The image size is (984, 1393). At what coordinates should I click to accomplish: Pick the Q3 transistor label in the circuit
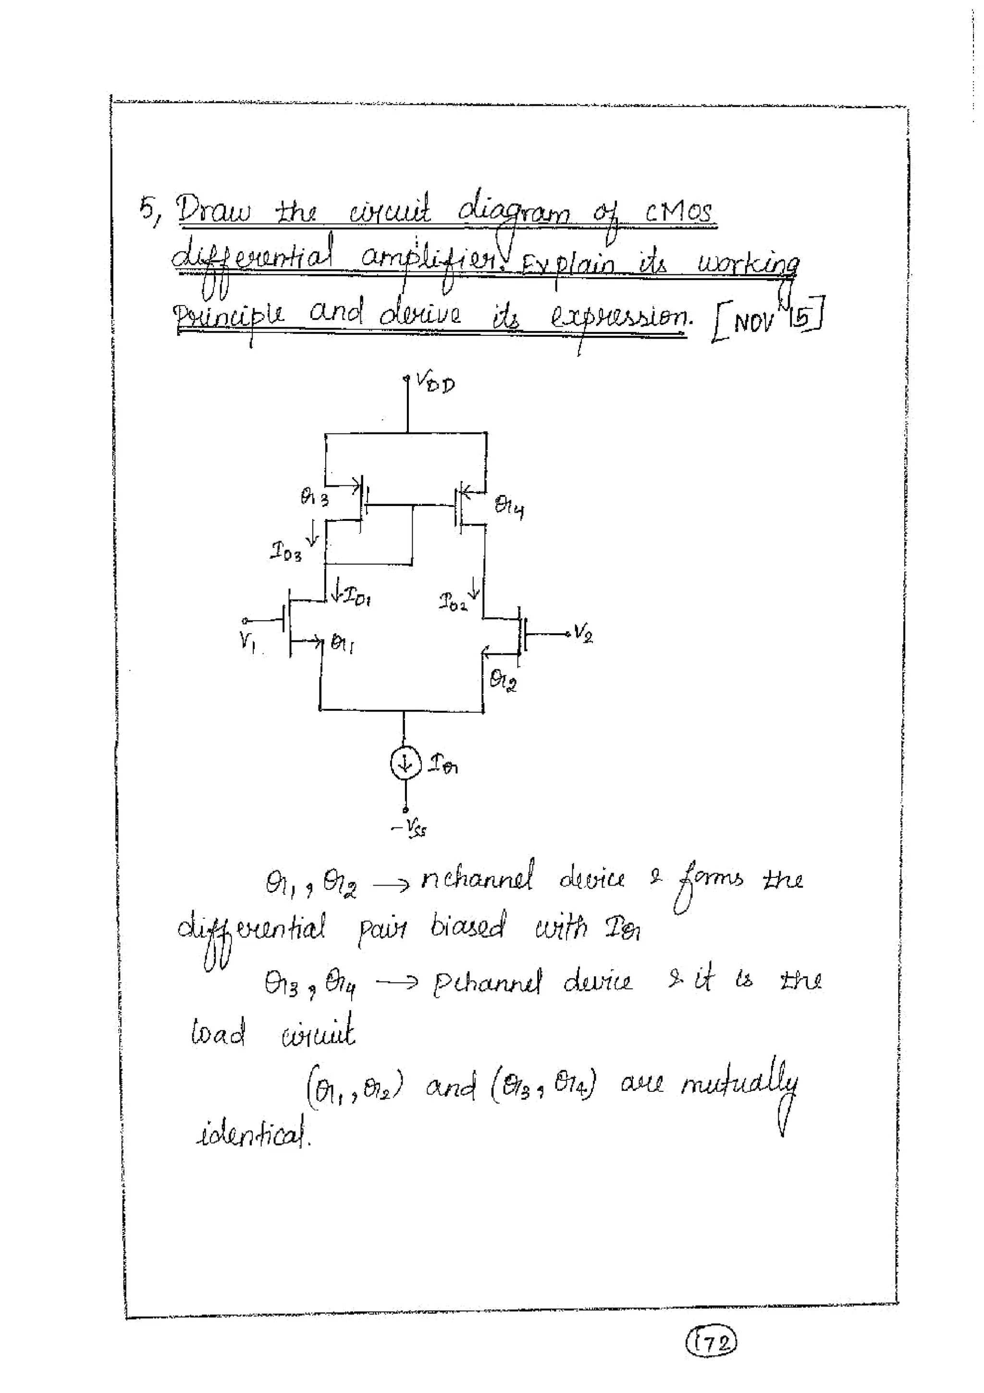pyautogui.click(x=314, y=498)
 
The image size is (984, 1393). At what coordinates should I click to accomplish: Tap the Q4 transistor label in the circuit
pyautogui.click(x=509, y=505)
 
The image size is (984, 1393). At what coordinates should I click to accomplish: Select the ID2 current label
pyautogui.click(x=453, y=603)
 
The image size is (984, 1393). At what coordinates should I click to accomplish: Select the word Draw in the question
pyautogui.click(x=213, y=213)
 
